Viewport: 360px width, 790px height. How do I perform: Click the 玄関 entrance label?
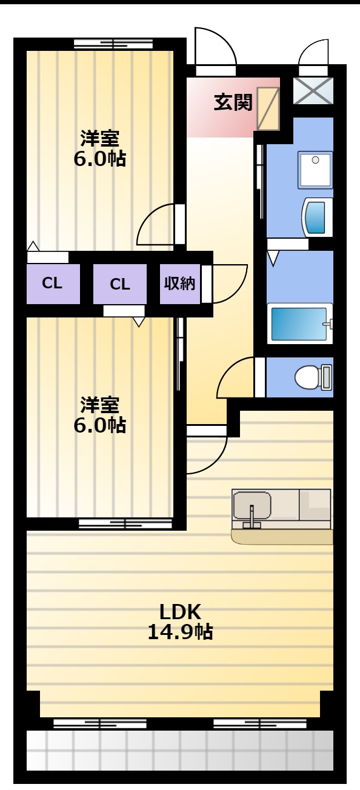point(233,102)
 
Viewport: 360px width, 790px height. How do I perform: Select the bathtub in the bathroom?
point(299,323)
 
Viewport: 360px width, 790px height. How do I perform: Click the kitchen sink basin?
point(252,506)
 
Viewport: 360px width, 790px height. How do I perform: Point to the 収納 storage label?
point(179,284)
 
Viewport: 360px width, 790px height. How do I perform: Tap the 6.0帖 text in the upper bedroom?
point(99,159)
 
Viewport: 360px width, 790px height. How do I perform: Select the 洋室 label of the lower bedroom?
point(99,405)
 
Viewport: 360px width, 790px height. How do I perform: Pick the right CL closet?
point(119,284)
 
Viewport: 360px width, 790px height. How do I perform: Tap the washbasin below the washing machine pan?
point(317,217)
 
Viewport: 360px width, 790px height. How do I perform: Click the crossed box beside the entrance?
point(313,91)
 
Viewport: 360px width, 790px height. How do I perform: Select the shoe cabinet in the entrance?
point(267,108)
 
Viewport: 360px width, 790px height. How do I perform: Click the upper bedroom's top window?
point(113,44)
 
